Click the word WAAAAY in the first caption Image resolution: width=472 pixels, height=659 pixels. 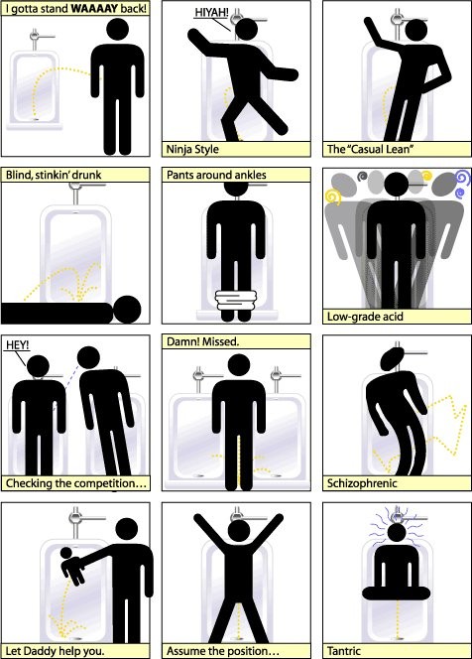pos(95,9)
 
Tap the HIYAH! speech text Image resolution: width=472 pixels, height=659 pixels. pos(211,13)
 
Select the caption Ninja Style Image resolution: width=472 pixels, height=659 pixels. pos(192,149)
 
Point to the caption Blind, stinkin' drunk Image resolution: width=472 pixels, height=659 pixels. pos(54,175)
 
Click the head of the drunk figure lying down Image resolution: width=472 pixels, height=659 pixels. pos(127,310)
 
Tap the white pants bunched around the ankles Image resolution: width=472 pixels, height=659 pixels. pos(236,300)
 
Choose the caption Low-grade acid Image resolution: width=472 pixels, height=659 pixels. pos(365,316)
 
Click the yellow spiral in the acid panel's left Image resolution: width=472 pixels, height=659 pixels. pos(333,197)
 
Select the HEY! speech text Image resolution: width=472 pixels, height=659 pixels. pos(17,345)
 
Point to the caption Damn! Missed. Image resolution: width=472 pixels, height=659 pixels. pos(203,341)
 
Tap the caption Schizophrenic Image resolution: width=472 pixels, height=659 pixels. pos(362,483)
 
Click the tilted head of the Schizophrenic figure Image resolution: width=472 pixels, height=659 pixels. pos(393,359)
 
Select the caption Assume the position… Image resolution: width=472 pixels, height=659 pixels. pos(222,651)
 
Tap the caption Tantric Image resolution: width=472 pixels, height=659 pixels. pos(343,651)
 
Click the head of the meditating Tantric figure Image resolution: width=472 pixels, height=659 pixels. pos(397,533)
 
